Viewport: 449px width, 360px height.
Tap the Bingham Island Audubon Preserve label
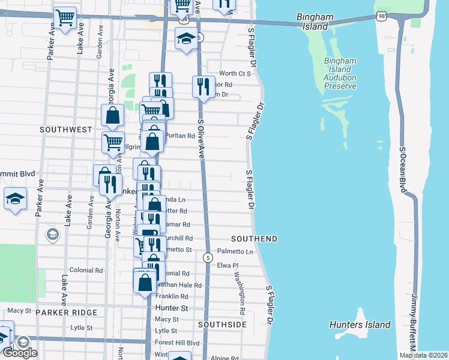pos(340,73)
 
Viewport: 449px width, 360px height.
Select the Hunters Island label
pos(360,325)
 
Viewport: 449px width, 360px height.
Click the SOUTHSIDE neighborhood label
pos(222,324)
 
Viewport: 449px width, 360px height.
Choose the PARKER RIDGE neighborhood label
pos(66,313)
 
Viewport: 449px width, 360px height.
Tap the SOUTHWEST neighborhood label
pos(66,129)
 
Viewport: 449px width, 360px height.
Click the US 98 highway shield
pos(381,16)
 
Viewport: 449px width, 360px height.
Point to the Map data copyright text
pos(423,355)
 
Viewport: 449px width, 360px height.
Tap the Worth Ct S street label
pos(235,73)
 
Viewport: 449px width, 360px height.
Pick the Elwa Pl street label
pos(228,265)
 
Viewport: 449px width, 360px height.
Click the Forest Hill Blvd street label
pos(176,343)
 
